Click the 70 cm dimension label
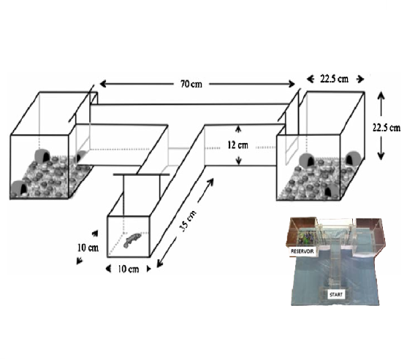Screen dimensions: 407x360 click(191, 84)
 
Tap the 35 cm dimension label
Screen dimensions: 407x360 click(188, 221)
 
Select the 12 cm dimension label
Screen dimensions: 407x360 click(237, 145)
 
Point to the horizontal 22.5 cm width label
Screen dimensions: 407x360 click(335, 79)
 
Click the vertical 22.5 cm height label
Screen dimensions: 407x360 click(387, 128)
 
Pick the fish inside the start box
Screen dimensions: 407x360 click(132, 240)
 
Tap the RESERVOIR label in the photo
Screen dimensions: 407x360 click(302, 251)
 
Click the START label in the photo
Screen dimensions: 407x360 click(336, 294)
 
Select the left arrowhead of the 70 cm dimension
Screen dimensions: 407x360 click(103, 84)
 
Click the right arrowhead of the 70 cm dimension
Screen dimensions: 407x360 click(292, 84)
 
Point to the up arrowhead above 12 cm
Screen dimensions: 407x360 click(238, 129)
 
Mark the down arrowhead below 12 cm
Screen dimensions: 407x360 click(239, 161)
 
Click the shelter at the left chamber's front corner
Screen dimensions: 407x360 click(19, 188)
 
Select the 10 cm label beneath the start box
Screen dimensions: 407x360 click(128, 269)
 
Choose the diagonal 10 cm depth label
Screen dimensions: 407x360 click(88, 248)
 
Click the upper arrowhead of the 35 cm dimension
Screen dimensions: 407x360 click(210, 182)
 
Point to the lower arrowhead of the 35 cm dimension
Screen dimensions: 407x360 click(160, 264)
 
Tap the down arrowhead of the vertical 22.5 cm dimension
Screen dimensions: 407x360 click(381, 156)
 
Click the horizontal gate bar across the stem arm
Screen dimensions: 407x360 click(142, 175)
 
